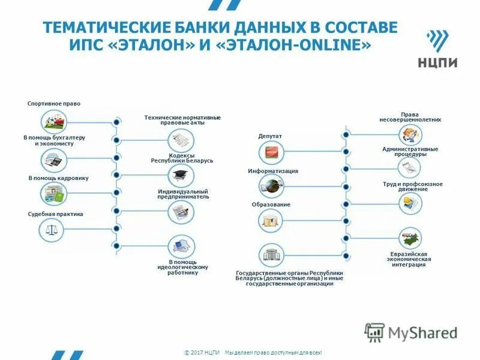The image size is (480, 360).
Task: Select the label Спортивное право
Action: click(x=54, y=104)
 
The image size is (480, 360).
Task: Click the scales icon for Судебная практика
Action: click(x=52, y=229)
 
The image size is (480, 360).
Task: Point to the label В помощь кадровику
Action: click(x=58, y=178)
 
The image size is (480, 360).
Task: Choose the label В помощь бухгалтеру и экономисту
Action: click(x=54, y=140)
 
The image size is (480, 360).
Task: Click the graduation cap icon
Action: click(x=180, y=176)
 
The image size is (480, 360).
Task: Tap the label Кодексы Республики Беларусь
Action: click(x=182, y=158)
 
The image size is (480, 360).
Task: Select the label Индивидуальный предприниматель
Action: click(x=183, y=194)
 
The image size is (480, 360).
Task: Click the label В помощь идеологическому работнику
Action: click(x=182, y=267)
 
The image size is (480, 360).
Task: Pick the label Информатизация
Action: click(x=273, y=171)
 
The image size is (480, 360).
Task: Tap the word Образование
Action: click(x=271, y=205)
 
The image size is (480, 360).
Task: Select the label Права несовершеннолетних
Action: click(x=410, y=116)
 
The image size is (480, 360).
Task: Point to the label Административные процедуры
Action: click(x=410, y=151)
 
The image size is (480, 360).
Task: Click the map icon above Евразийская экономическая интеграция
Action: click(x=410, y=238)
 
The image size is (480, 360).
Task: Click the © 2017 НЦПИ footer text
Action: click(x=202, y=352)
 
